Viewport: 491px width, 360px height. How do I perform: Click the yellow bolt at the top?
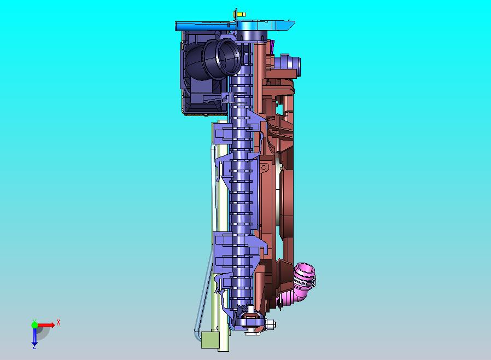pos(239,14)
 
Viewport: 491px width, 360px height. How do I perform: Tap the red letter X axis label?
pos(59,322)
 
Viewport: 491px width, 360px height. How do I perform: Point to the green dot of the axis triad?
pos(34,324)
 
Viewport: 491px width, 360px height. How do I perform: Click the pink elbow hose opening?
pos(305,269)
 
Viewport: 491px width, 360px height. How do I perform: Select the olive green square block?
pos(210,340)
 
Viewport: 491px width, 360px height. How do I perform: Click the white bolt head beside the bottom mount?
pos(270,324)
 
